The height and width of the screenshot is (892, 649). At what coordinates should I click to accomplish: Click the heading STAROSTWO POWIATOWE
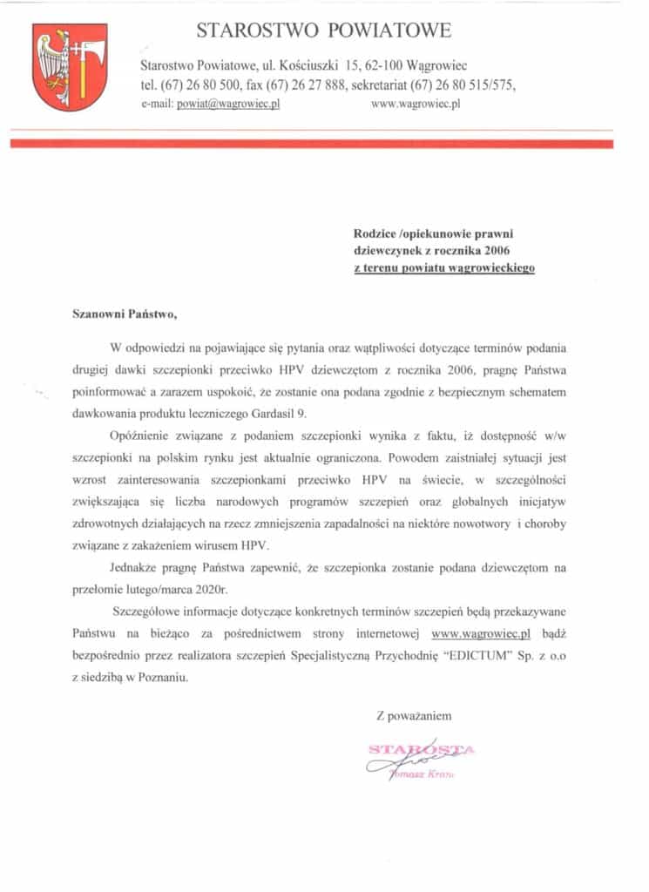click(324, 30)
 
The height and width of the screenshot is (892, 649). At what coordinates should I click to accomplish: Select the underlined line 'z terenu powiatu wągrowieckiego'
click(444, 268)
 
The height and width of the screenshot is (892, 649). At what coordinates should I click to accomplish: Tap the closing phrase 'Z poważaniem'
click(414, 716)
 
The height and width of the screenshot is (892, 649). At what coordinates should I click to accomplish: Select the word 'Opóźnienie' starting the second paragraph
click(141, 434)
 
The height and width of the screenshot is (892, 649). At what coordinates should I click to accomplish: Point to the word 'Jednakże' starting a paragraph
click(139, 567)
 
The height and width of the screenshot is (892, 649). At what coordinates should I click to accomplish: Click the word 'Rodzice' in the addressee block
click(374, 233)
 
